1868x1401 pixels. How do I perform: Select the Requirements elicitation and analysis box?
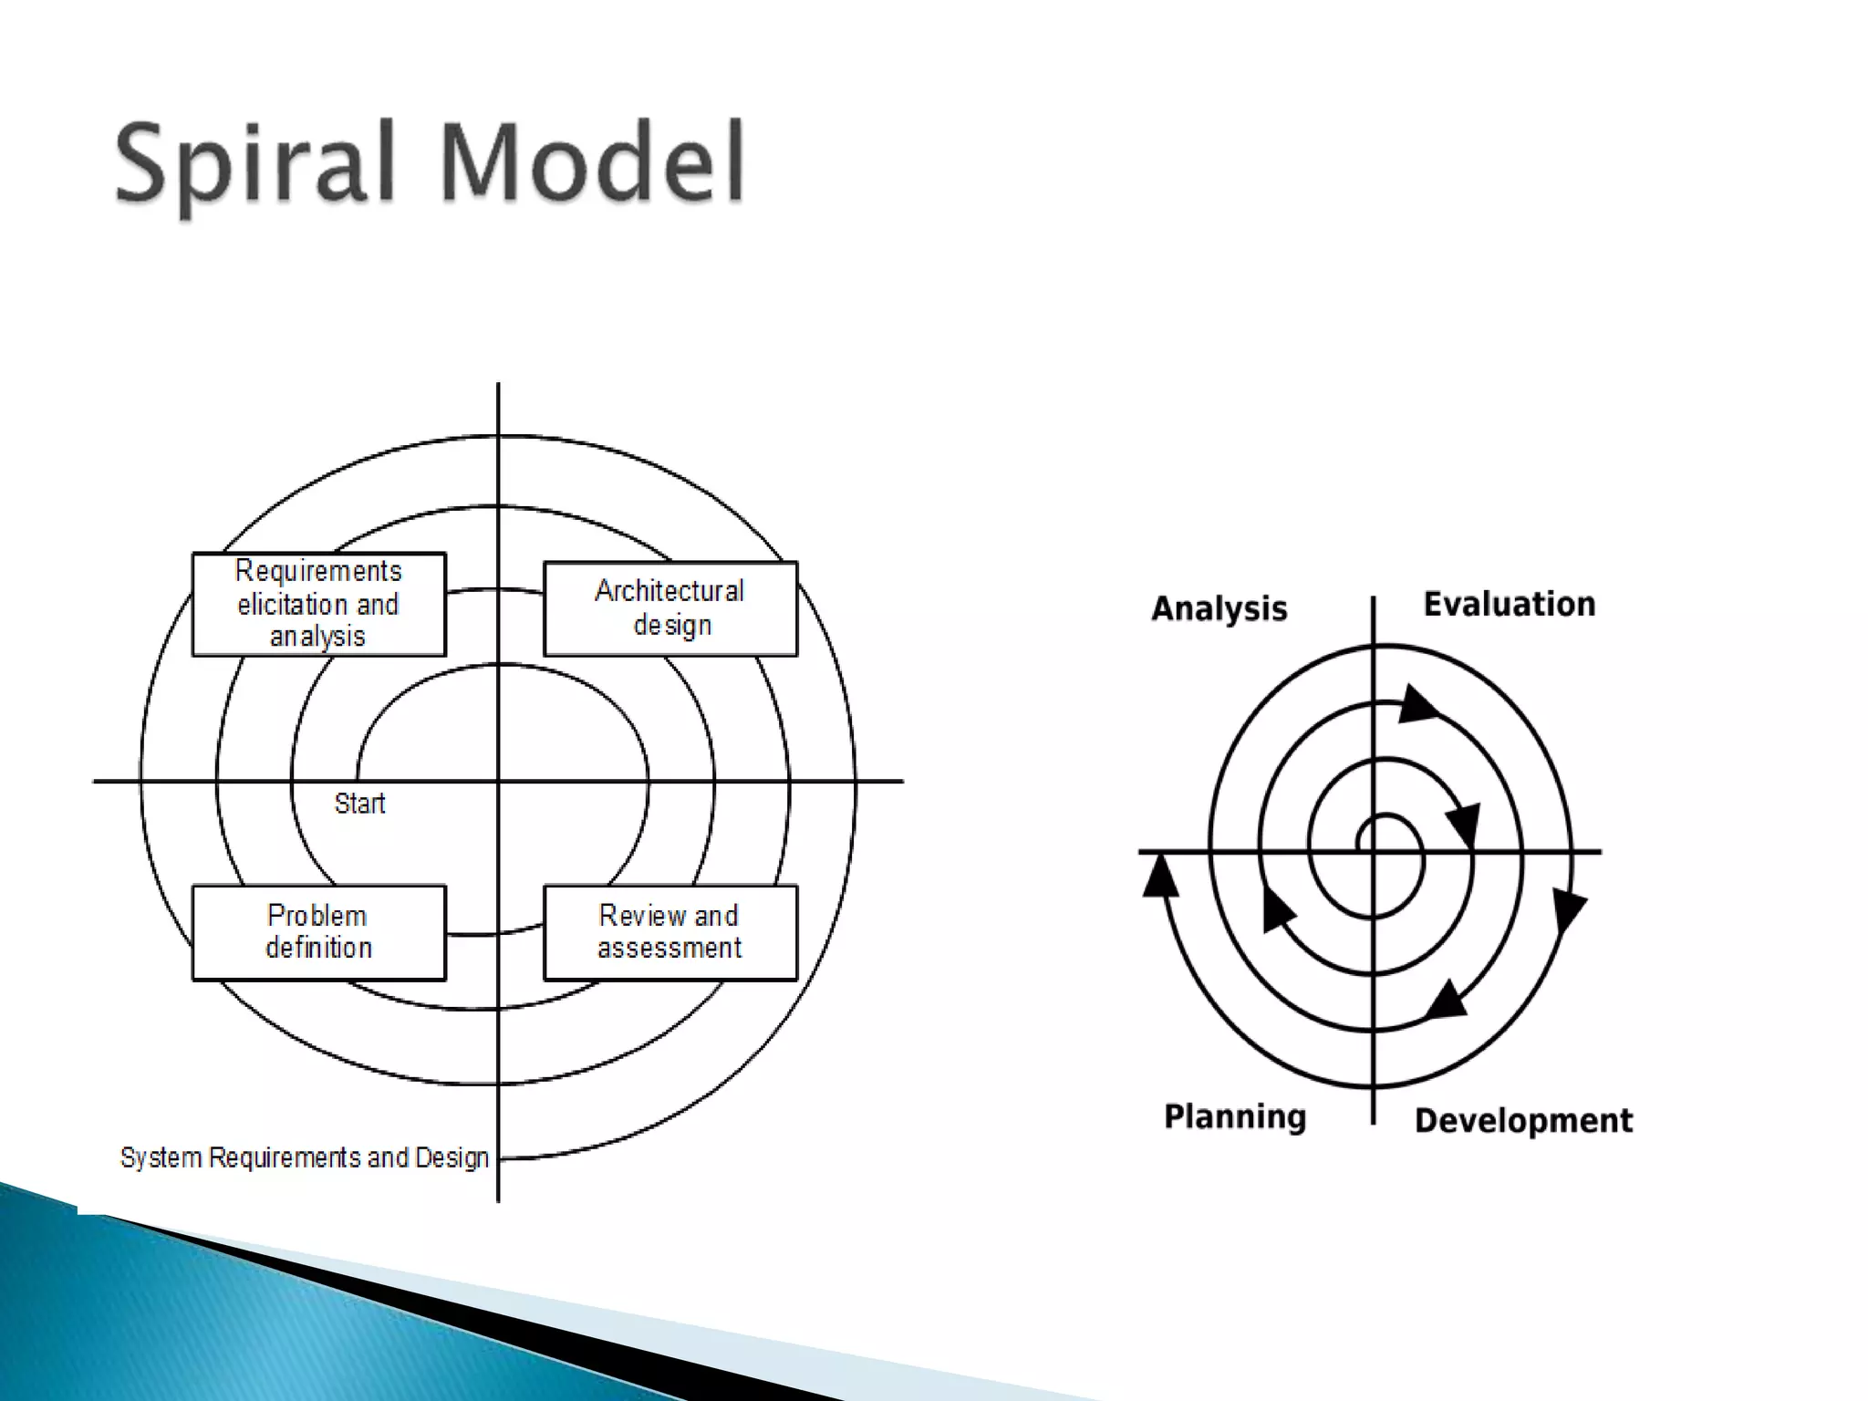tap(318, 604)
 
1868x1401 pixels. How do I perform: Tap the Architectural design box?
tap(670, 608)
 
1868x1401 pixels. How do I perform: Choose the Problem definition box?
tap(318, 932)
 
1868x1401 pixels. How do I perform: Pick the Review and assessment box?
tap(670, 932)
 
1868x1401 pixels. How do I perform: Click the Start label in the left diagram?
tap(359, 804)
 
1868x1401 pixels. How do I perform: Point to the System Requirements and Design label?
tap(305, 1157)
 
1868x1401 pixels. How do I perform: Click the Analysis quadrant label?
tap(1219, 608)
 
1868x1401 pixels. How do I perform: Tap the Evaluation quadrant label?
tap(1510, 604)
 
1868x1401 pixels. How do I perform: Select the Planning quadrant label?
tap(1235, 1116)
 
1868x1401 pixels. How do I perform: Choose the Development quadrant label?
tap(1523, 1120)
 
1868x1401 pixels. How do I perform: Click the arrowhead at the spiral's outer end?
tap(1160, 876)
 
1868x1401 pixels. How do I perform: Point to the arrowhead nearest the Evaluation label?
tap(1417, 705)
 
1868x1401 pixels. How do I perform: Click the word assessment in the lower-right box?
tap(670, 949)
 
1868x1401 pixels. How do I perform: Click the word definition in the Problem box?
tap(318, 949)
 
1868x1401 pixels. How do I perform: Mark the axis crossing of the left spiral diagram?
tap(498, 782)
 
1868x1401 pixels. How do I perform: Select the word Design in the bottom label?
tap(452, 1157)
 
